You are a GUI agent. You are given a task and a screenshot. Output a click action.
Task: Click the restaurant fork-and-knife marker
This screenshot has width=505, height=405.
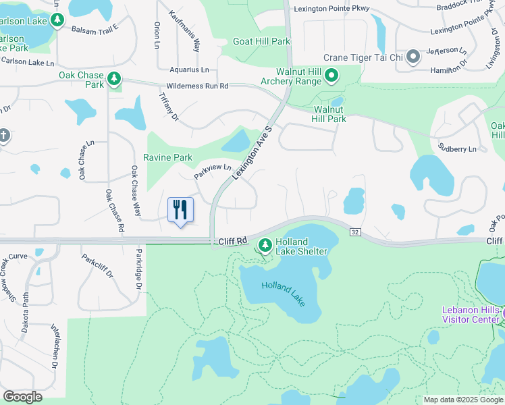[180, 210]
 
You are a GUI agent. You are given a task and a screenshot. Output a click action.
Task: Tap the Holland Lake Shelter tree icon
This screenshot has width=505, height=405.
[266, 243]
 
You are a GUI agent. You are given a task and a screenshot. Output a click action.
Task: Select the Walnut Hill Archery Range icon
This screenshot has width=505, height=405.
[331, 76]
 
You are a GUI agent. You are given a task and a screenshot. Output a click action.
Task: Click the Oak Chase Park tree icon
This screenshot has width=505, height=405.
[115, 79]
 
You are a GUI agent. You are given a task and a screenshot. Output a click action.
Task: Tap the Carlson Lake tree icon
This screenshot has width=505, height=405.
[58, 20]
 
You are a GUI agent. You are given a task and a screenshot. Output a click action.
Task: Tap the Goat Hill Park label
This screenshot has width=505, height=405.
[261, 41]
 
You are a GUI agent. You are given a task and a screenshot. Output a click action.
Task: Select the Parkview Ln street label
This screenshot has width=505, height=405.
[213, 172]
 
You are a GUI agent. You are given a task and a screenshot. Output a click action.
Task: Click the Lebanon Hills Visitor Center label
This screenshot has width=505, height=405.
[470, 315]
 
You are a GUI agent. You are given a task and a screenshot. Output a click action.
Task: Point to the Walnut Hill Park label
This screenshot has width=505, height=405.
[329, 114]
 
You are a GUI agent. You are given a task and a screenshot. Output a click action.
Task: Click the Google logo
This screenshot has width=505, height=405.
[22, 397]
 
